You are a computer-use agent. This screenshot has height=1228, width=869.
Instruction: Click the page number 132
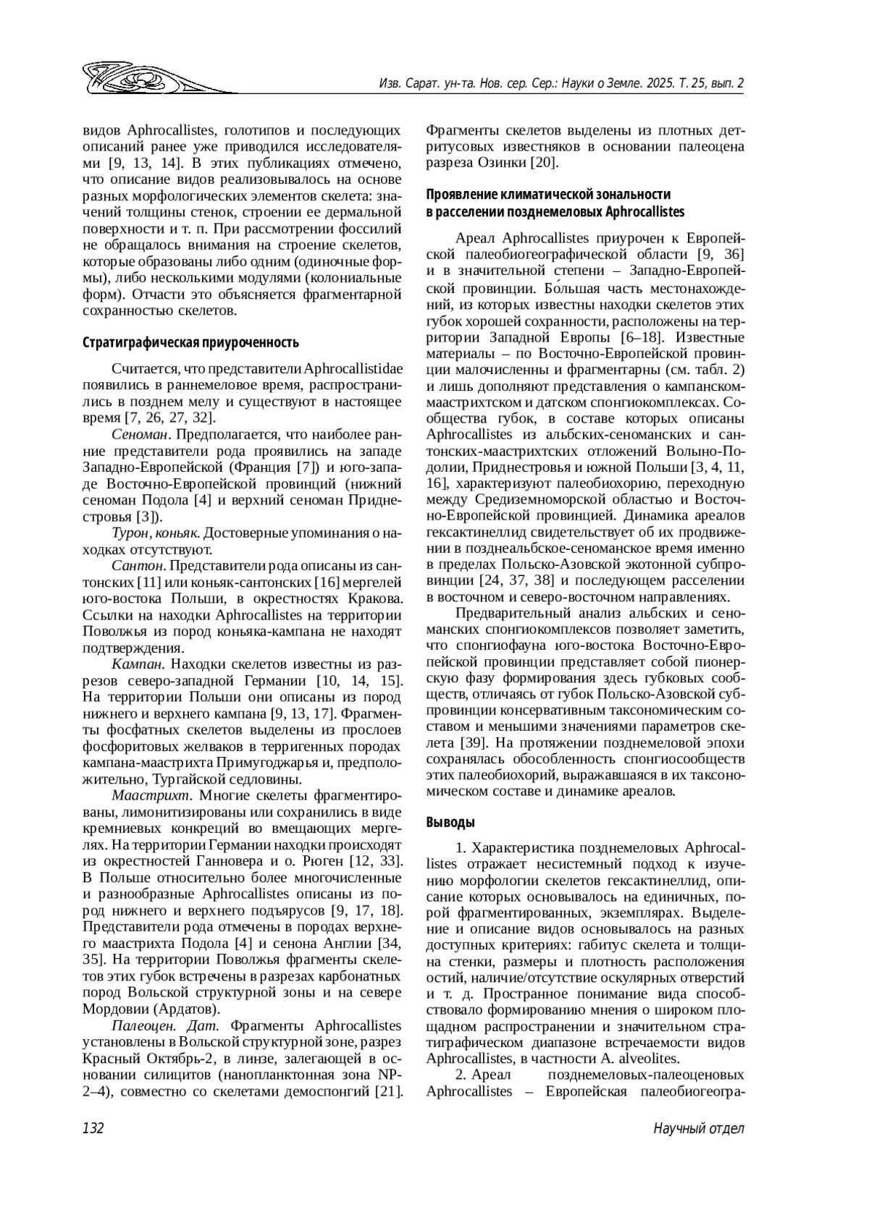94,1128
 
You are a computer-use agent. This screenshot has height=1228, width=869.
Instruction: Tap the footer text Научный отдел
698,1128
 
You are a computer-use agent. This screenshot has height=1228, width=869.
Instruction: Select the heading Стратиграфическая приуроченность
191,342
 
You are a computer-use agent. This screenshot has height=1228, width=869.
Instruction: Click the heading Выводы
450,822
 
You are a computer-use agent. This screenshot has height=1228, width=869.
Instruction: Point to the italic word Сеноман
140,435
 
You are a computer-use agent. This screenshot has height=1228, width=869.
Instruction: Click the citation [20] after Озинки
542,163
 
